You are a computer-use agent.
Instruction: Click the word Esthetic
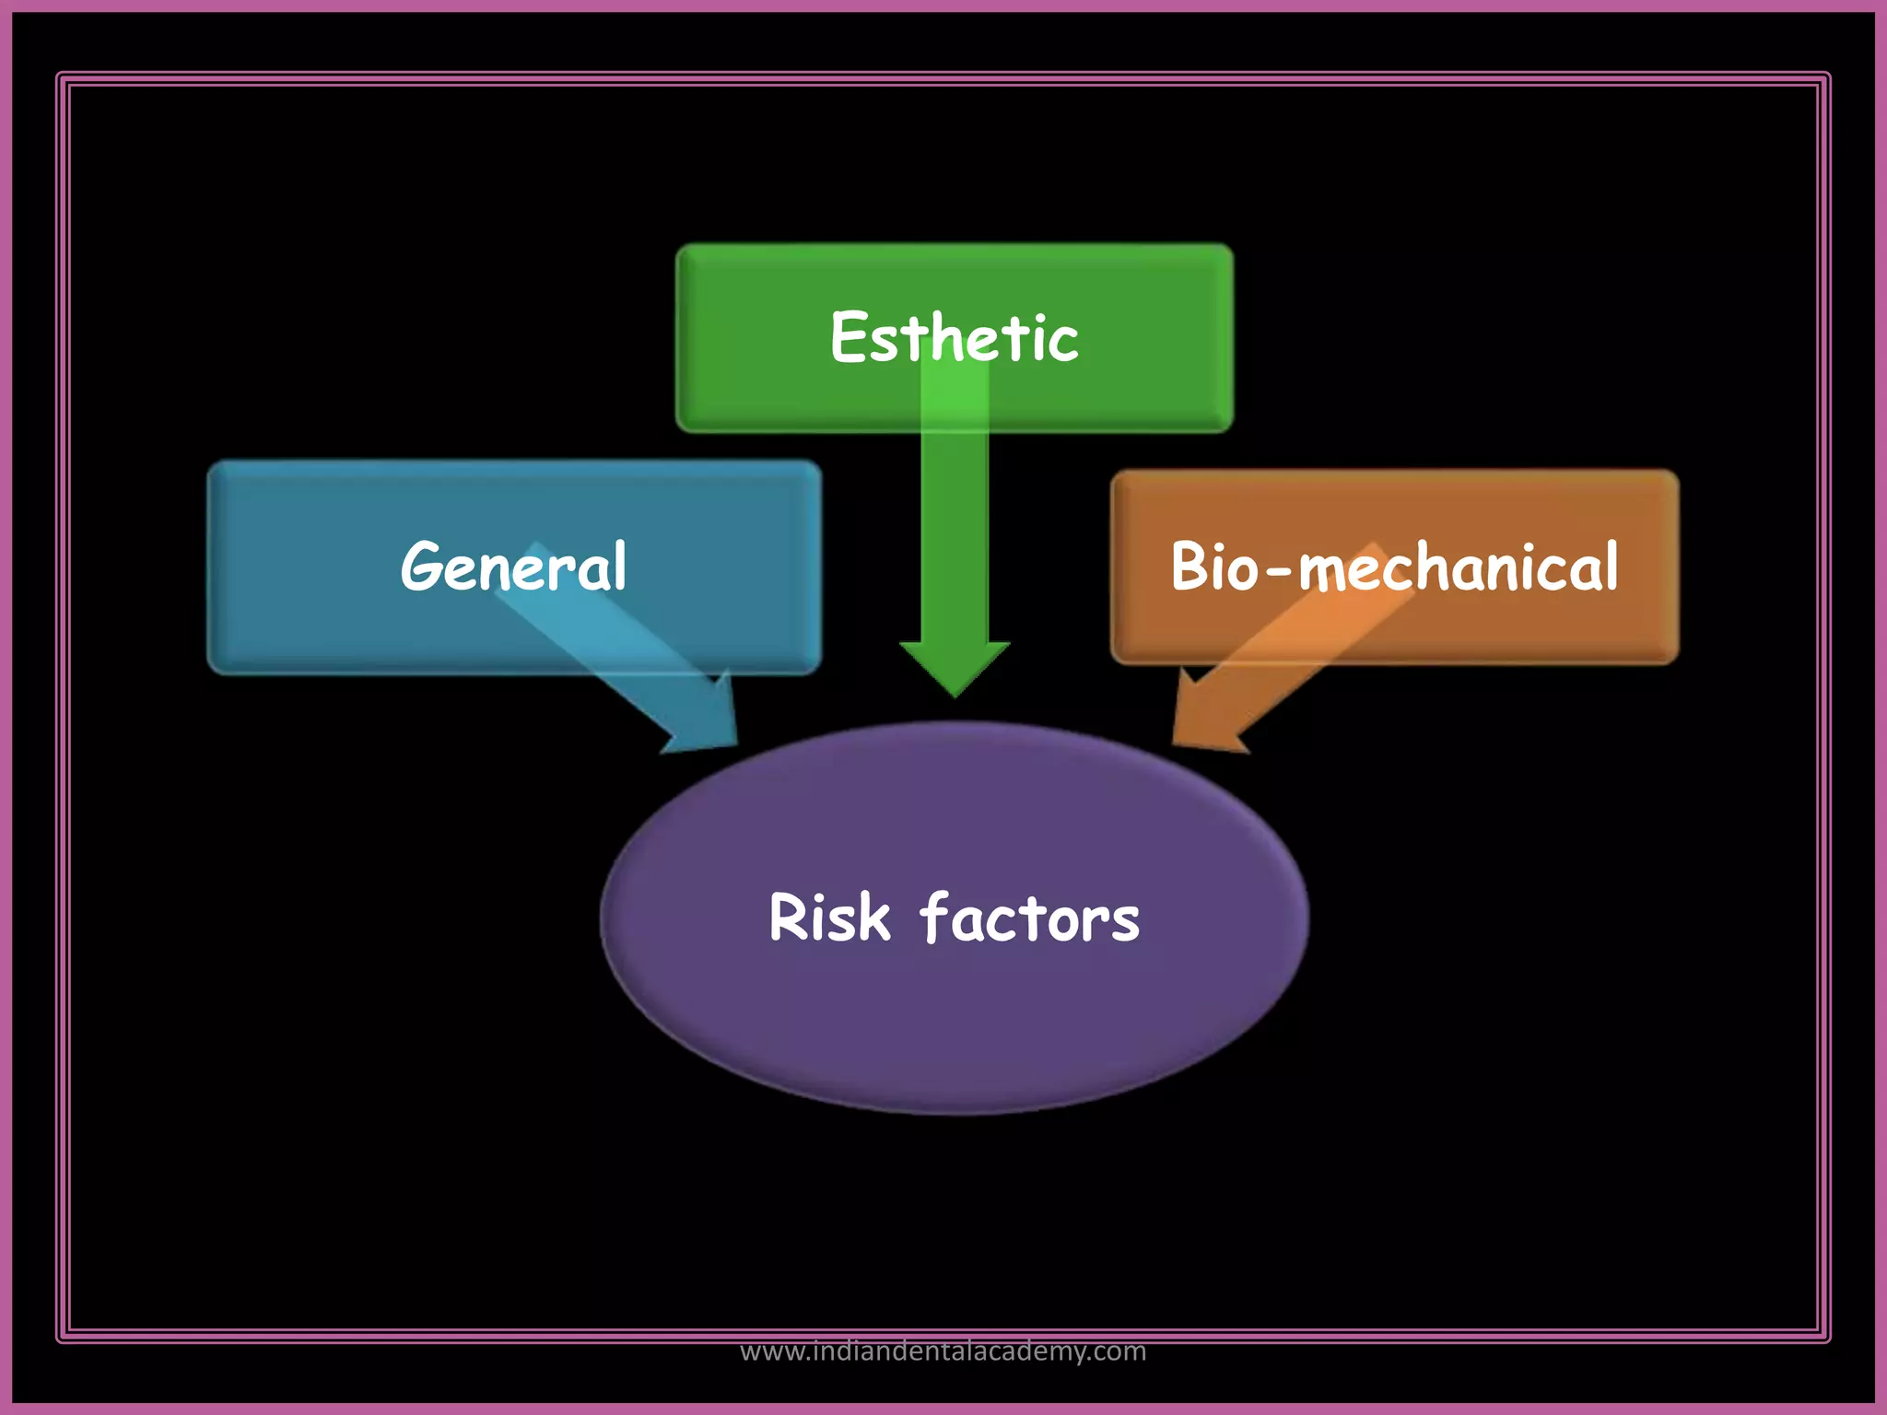[954, 337]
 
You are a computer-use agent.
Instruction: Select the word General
[513, 566]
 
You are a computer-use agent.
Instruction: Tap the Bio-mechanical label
[1394, 566]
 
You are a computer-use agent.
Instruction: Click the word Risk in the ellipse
[829, 918]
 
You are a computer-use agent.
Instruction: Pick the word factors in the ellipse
[1029, 918]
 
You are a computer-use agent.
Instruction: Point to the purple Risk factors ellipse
[954, 1032]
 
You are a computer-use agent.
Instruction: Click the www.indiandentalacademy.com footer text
[943, 1351]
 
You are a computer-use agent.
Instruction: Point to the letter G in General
[421, 566]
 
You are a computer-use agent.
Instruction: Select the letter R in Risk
[789, 918]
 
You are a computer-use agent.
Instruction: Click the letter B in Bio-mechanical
[1189, 566]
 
